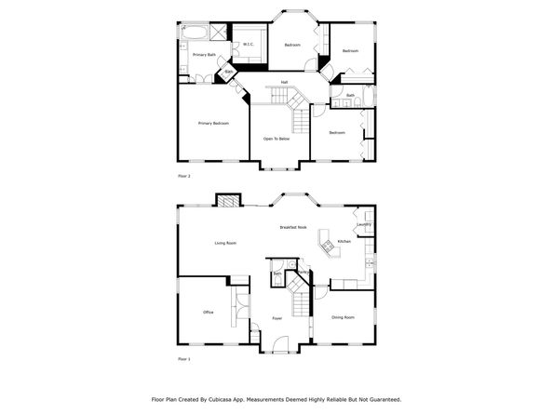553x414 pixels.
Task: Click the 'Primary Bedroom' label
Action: click(x=213, y=124)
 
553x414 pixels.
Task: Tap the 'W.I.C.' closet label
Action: click(x=249, y=44)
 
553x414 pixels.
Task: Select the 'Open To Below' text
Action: click(x=276, y=139)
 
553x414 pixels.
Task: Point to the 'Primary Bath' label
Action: click(x=204, y=55)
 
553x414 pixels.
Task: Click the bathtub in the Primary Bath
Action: click(x=196, y=32)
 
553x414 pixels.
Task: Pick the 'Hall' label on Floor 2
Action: click(x=283, y=83)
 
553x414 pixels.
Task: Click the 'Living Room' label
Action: click(x=225, y=243)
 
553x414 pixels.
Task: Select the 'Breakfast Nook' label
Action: click(x=293, y=228)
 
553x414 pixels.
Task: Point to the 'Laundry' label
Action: click(x=364, y=224)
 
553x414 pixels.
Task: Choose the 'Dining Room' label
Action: click(x=343, y=317)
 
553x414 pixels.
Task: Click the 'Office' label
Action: click(x=208, y=312)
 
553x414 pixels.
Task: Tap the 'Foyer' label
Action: click(x=277, y=318)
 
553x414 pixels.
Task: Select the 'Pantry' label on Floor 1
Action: click(x=290, y=272)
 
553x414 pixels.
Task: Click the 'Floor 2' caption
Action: click(x=183, y=175)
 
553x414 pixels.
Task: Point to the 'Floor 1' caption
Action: click(x=183, y=358)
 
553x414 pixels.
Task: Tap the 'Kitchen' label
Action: click(x=344, y=241)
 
